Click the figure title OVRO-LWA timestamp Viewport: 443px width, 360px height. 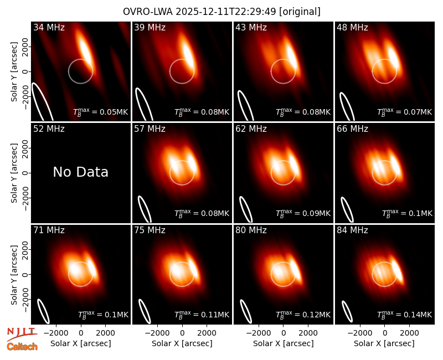[221, 12]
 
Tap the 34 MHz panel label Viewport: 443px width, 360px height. [49, 27]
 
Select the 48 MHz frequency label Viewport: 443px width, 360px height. [352, 27]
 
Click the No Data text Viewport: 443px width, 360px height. [80, 172]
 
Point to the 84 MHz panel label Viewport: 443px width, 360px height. [352, 230]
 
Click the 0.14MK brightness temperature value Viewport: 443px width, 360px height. [405, 314]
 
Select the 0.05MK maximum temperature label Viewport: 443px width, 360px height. [101, 112]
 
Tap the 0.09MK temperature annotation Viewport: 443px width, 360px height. [303, 213]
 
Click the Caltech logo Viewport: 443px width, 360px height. [22, 347]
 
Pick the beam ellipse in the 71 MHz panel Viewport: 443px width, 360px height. [44, 311]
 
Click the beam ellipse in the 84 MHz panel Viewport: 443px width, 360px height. [347, 311]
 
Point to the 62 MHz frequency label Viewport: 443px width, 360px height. [251, 129]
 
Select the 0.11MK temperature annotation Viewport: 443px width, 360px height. [202, 314]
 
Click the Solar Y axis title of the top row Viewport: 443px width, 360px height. [14, 72]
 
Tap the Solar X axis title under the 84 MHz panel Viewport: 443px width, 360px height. [384, 343]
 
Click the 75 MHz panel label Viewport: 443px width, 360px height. [150, 230]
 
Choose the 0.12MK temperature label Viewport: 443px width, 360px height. [303, 314]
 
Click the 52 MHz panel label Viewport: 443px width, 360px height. [49, 129]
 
